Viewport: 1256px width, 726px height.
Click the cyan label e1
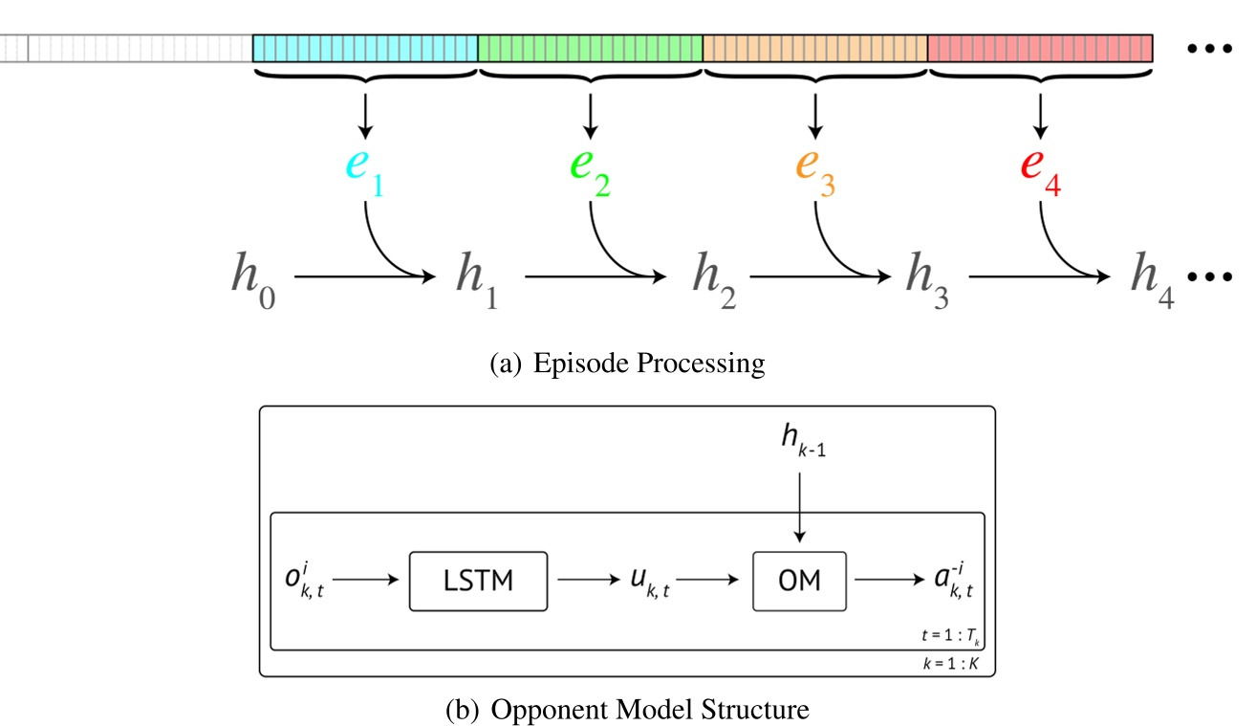(364, 172)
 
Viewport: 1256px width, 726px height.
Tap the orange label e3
(814, 172)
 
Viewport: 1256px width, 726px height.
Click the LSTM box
(479, 581)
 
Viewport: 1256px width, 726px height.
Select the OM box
(800, 581)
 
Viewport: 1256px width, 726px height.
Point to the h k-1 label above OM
(802, 443)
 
